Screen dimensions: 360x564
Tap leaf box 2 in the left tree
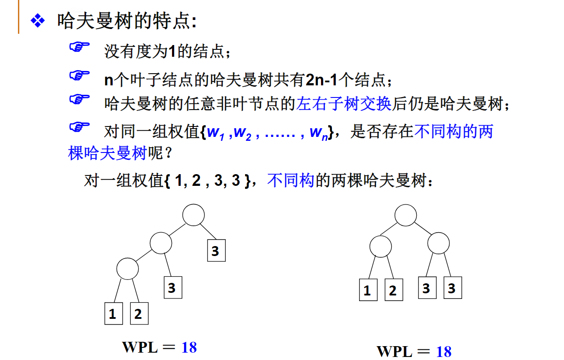pyautogui.click(x=139, y=314)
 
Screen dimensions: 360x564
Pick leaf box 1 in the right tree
pyautogui.click(x=368, y=290)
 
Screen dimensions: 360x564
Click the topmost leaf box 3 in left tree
pyautogui.click(x=216, y=251)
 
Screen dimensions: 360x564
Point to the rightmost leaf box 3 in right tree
pyautogui.click(x=453, y=288)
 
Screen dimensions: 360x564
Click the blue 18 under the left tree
pyautogui.click(x=189, y=347)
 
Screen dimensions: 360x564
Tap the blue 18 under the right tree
pyautogui.click(x=444, y=351)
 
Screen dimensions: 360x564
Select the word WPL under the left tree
pyautogui.click(x=140, y=347)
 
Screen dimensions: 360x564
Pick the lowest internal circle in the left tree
pyautogui.click(x=127, y=269)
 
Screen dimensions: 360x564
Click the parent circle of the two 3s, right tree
pyautogui.click(x=438, y=243)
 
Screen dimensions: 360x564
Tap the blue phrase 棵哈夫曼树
pyautogui.click(x=107, y=153)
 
